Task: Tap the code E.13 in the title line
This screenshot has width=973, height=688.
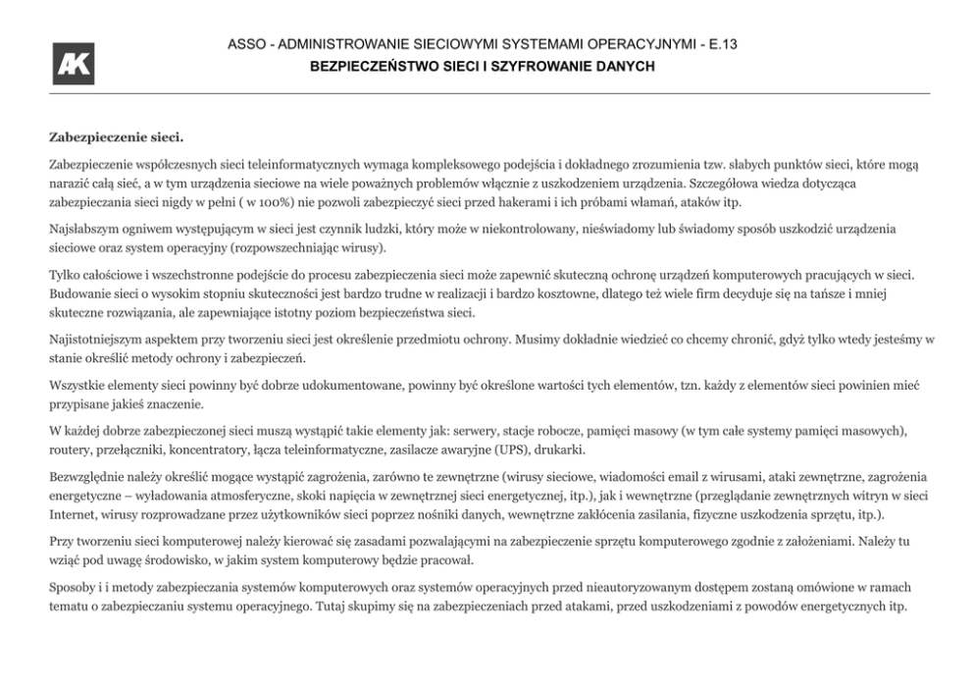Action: point(720,45)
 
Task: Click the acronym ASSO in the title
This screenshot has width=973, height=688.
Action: point(244,45)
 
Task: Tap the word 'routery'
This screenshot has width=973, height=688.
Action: point(71,450)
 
